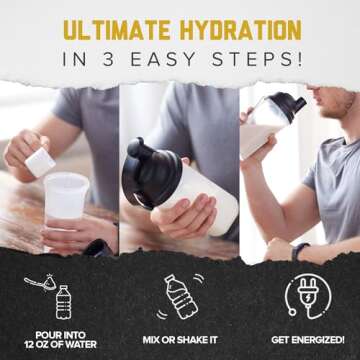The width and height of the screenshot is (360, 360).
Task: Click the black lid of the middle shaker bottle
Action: click(150, 165)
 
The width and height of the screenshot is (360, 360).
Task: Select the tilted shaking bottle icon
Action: click(180, 298)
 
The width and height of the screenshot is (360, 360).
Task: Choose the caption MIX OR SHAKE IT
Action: click(180, 339)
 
